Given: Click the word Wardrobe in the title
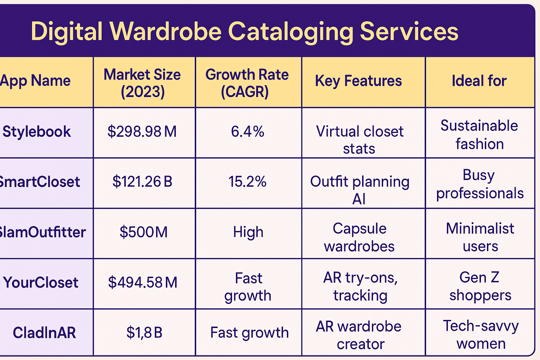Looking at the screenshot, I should [166, 31].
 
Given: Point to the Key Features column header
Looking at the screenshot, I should [358, 81].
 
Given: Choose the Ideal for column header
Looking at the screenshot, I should [479, 81].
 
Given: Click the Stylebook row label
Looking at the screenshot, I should [37, 132].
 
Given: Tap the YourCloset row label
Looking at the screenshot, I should [41, 283].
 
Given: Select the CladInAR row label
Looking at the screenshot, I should [44, 333].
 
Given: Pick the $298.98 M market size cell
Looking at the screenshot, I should [142, 132].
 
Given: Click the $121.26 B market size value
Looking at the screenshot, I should [142, 182].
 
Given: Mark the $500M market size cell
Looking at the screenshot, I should [143, 232].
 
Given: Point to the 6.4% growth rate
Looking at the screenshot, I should [247, 132].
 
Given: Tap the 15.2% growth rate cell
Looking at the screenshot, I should [247, 182].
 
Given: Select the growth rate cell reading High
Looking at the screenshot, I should [248, 232].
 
